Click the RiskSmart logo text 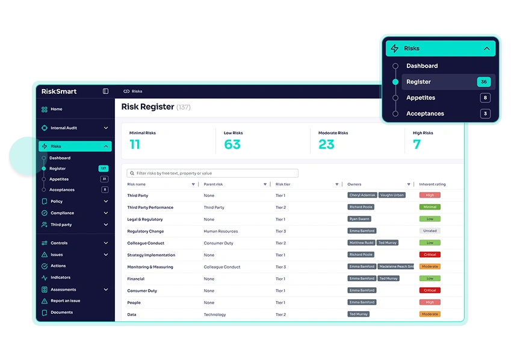(x=59, y=92)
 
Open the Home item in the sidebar (x=56, y=109)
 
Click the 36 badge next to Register (x=483, y=82)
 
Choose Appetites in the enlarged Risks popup (x=420, y=98)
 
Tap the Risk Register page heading (x=147, y=107)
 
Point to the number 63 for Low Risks (x=232, y=144)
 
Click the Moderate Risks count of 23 (x=326, y=144)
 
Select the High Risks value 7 (x=417, y=144)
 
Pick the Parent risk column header (x=214, y=184)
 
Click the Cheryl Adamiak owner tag (x=362, y=195)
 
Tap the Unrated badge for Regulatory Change (x=430, y=231)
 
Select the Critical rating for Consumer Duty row (x=430, y=290)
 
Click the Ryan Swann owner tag (x=359, y=219)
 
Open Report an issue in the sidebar (x=65, y=300)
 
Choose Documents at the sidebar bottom (x=61, y=312)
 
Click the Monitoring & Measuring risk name (x=150, y=267)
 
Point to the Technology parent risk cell (x=215, y=314)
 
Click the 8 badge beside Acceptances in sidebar (x=105, y=190)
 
